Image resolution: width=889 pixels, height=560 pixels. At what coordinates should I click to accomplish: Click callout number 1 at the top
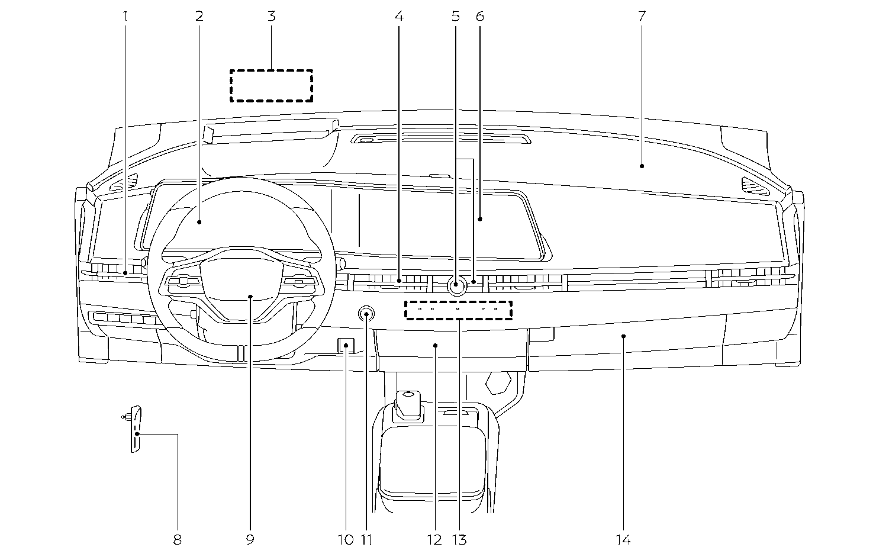coord(125,16)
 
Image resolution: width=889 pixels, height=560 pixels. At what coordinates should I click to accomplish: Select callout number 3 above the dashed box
coord(271,16)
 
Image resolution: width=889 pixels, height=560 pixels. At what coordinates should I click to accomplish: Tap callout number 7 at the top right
coord(642,16)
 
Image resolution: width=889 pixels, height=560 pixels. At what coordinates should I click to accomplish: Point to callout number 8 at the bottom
coord(177,539)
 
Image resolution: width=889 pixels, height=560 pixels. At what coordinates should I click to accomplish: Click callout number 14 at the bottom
coord(623,539)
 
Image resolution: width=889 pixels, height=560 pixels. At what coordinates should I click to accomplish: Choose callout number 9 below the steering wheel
coord(250,539)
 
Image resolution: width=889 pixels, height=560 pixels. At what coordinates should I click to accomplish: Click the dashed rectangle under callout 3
coord(271,85)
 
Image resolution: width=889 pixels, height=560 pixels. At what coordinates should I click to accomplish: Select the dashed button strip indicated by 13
coord(458,310)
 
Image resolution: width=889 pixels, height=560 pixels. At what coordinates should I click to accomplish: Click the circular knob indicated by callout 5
coord(456,287)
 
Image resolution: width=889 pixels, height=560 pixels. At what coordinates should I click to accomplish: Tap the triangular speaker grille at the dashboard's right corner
coord(755,185)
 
